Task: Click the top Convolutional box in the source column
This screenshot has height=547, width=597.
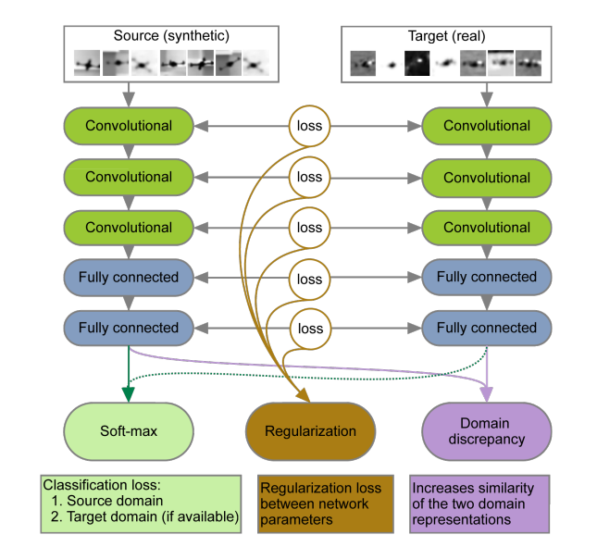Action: (129, 126)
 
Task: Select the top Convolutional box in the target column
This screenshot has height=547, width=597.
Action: (487, 126)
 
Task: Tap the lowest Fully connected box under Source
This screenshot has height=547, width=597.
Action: (129, 328)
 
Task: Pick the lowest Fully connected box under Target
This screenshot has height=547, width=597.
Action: (487, 328)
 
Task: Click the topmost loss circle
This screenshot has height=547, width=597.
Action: (310, 126)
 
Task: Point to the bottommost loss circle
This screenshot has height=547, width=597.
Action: (310, 328)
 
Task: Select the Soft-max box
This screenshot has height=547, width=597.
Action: (129, 431)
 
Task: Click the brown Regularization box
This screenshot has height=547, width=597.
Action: (310, 431)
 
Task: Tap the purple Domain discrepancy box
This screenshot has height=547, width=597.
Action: (487, 431)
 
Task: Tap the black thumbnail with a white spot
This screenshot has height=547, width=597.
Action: (418, 63)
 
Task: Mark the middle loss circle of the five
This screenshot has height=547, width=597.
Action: (310, 227)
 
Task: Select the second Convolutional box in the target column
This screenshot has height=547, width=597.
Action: (487, 177)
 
